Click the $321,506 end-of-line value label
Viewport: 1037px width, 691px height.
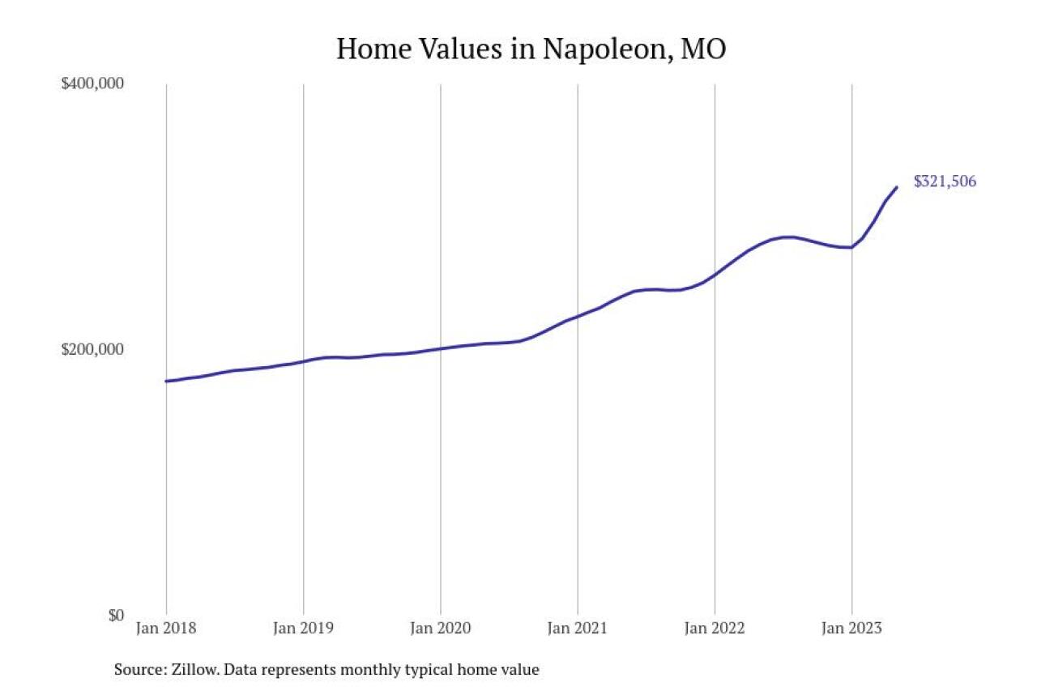[945, 181]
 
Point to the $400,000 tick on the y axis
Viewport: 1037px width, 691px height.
[92, 83]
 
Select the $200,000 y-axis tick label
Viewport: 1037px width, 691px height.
[92, 349]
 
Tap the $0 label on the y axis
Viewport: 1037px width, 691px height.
[116, 615]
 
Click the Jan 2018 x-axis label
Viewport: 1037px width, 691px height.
[166, 628]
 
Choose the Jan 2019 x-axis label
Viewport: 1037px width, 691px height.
[303, 628]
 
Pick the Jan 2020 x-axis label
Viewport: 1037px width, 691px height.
[440, 628]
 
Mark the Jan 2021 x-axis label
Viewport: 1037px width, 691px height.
[578, 628]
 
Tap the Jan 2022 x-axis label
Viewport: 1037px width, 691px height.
[715, 628]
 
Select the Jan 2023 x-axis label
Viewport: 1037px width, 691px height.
[851, 628]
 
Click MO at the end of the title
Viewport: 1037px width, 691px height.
[703, 49]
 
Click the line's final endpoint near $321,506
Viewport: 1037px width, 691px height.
[897, 187]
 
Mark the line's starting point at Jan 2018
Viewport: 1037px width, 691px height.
[166, 381]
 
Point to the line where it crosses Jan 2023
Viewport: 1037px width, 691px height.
[851, 247]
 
